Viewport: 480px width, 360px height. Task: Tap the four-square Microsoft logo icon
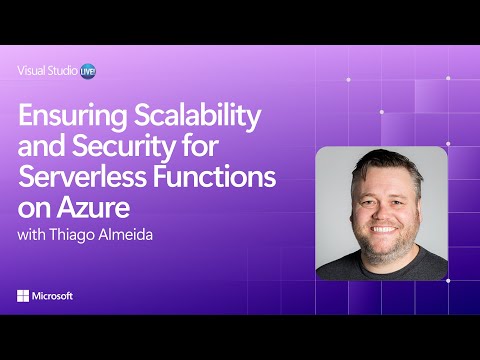point(23,296)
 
